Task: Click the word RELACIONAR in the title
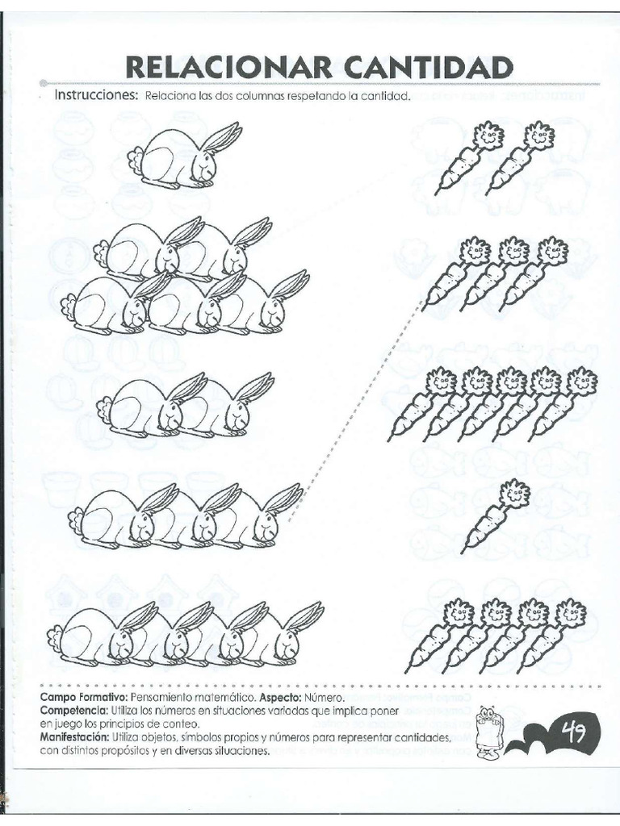229,68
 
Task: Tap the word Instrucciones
96,95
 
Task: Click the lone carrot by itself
496,517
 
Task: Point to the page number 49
575,732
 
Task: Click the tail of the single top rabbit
136,157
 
